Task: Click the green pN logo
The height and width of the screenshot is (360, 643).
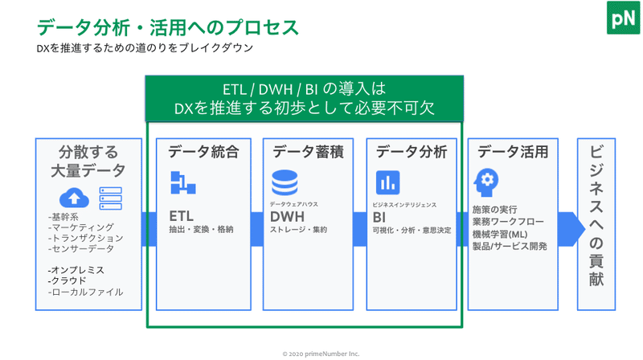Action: coord(623,18)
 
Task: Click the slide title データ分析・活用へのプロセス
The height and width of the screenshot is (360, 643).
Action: coord(168,27)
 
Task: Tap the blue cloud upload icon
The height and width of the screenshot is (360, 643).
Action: coord(74,198)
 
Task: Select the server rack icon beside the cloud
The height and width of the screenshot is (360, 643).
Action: coord(111,198)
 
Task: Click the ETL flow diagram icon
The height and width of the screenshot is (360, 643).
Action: coord(183,182)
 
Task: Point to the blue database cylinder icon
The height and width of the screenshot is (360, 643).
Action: coord(285,182)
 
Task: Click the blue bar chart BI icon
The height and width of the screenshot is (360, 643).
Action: coord(387,182)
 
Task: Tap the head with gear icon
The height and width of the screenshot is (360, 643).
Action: coord(486,182)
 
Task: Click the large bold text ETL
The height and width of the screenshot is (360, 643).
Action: coord(182,216)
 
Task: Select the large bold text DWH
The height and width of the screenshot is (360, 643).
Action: coord(287,216)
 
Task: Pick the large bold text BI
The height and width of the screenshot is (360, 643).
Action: coord(379,217)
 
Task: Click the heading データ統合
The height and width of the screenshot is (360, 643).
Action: coord(204,152)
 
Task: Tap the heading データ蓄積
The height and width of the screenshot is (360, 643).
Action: coord(308,152)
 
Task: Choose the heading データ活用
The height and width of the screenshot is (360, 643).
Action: coord(513,152)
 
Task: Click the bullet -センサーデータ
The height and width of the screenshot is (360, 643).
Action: coord(81,248)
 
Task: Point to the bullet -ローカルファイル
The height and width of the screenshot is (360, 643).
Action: coord(85,292)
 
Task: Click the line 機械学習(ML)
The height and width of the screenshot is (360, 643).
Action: coord(500,234)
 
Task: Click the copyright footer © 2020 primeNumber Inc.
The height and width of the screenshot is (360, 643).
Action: coord(321,354)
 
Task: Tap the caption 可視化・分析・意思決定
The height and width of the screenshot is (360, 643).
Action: coord(412,231)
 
